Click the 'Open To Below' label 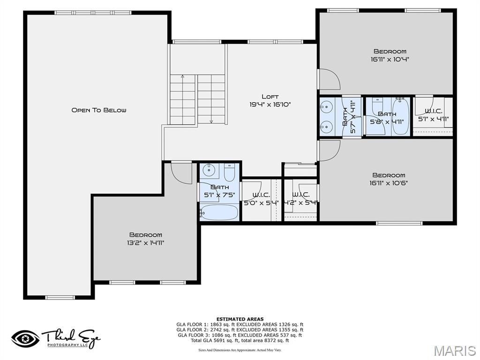[x=98, y=110]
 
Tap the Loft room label [x=270, y=97]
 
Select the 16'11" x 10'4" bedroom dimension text [x=390, y=60]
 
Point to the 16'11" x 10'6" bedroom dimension [x=389, y=183]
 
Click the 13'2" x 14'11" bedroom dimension [x=146, y=243]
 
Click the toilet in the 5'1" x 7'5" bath [x=230, y=172]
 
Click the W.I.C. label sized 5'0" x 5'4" [x=261, y=195]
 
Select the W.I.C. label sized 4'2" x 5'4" [x=300, y=195]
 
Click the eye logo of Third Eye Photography [x=26, y=338]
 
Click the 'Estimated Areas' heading [x=240, y=319]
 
